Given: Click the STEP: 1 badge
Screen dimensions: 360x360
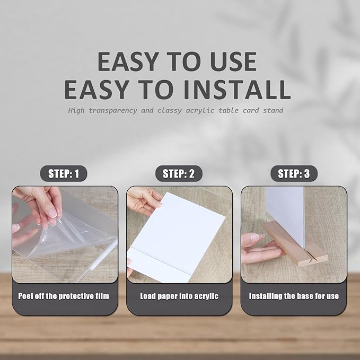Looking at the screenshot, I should tap(64, 174).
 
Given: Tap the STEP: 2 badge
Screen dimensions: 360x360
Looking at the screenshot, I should tap(179, 174).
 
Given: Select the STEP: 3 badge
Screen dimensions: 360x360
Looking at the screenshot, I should tap(294, 174).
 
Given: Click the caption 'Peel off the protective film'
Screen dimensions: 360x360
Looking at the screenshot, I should tap(64, 296).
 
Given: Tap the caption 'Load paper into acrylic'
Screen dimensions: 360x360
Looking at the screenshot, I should tap(179, 296).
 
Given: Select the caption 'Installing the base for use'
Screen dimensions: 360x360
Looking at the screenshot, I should tap(294, 296).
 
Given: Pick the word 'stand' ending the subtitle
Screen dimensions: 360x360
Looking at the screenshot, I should tap(271, 111).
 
